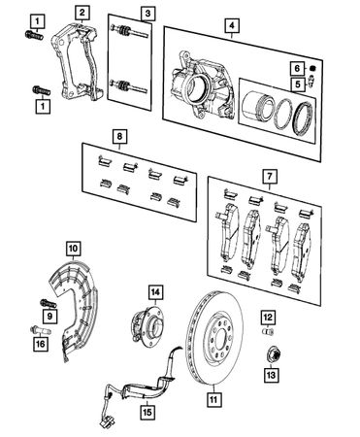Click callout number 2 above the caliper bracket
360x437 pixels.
83,13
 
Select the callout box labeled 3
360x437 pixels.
146,13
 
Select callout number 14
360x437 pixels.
154,290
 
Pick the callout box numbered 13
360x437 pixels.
271,376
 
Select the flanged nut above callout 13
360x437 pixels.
271,355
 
